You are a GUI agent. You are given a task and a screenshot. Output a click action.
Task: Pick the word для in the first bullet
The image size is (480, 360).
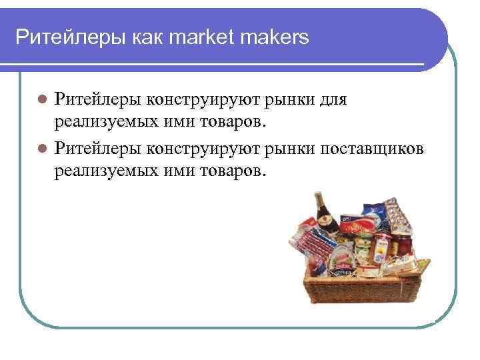click(329, 101)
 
